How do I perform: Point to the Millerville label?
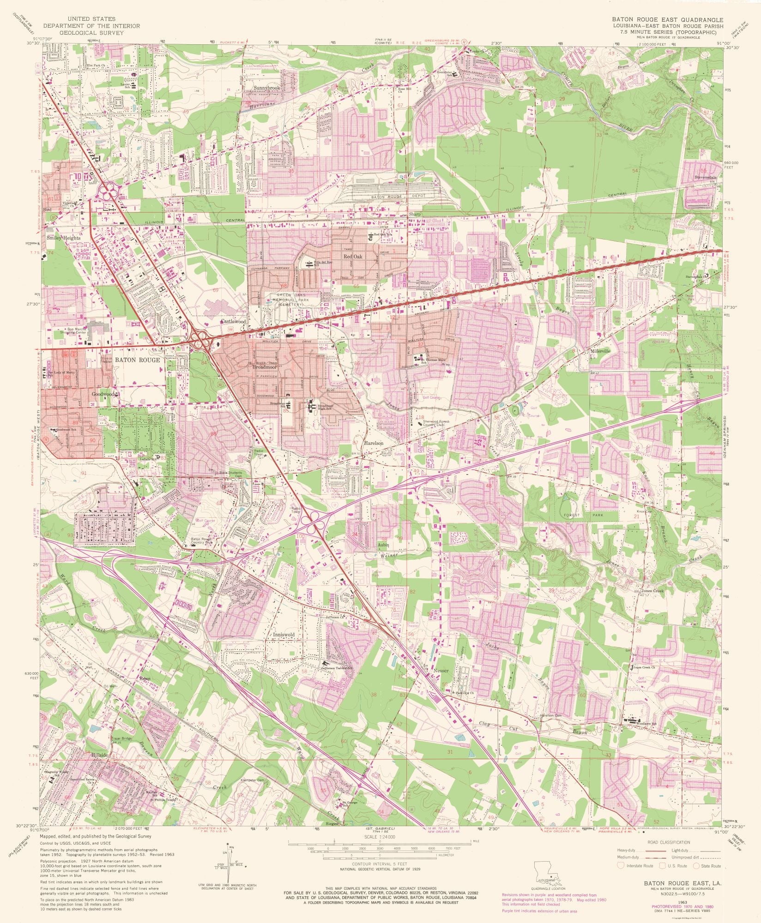click(599, 351)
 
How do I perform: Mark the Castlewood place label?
click(233, 321)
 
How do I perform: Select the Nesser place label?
click(441, 671)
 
